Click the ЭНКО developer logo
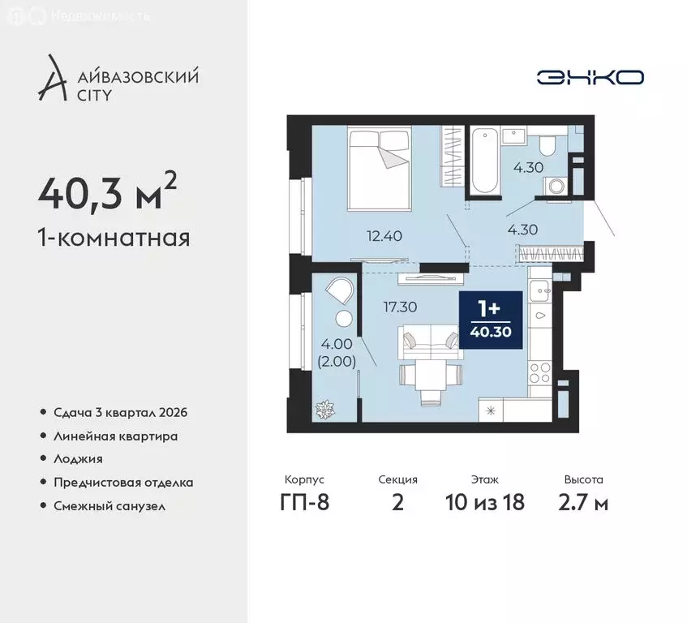(x=590, y=78)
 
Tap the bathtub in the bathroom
(x=484, y=160)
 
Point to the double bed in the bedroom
(x=380, y=168)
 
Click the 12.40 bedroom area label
(x=384, y=236)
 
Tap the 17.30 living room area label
(x=400, y=307)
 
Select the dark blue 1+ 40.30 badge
(x=491, y=320)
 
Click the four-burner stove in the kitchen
(x=540, y=373)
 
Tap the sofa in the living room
(x=431, y=342)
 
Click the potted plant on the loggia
(x=324, y=410)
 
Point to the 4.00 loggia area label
(x=336, y=344)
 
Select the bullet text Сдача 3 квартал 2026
(x=121, y=413)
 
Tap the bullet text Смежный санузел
(x=109, y=506)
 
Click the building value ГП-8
(x=304, y=502)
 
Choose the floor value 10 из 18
(x=484, y=502)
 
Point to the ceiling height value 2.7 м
(x=583, y=502)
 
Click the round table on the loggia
(x=344, y=318)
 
